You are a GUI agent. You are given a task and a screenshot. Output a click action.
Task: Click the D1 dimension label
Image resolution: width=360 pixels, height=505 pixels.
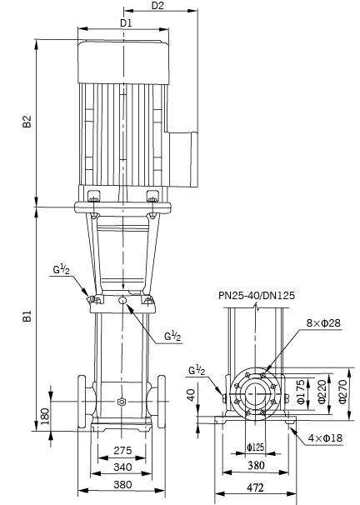(126, 23)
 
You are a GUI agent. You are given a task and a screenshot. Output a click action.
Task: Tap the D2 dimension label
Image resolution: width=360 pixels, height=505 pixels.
(157, 6)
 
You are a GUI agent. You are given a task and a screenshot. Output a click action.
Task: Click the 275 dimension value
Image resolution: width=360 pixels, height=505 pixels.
(122, 450)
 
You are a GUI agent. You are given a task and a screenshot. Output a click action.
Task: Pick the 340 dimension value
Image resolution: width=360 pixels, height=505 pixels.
(122, 467)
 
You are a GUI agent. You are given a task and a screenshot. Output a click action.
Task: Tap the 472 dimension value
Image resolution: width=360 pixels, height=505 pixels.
(255, 487)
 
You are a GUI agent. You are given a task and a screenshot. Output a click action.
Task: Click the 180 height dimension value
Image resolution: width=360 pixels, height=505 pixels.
(45, 417)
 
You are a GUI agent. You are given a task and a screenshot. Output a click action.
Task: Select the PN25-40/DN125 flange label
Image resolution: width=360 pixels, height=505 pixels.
(257, 295)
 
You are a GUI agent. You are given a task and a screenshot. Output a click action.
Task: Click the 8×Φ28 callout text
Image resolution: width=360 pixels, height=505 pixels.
(323, 322)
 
